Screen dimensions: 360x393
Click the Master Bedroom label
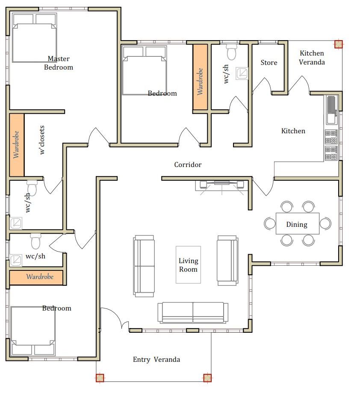point(59,63)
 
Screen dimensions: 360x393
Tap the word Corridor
point(188,164)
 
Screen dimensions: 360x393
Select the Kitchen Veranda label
point(312,58)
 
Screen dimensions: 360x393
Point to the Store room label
point(269,62)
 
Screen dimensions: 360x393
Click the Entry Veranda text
point(156,359)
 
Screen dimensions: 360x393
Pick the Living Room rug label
point(188,265)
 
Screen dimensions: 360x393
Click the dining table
point(298,223)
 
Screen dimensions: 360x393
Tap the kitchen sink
point(331,110)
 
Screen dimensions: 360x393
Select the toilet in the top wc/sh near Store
point(231,52)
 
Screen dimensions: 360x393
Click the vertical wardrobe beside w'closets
point(17,145)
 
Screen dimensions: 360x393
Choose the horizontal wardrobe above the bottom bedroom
point(36,277)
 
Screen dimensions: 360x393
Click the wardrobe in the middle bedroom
point(200,77)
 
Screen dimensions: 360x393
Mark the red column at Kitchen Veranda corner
point(338,44)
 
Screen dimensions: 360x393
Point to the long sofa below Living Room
point(193,313)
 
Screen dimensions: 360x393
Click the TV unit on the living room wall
point(222,185)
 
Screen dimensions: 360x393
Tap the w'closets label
point(42,140)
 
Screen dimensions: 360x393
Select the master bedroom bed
point(34,38)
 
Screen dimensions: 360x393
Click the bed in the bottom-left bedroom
point(33,330)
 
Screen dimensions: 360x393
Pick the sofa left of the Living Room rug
point(144,266)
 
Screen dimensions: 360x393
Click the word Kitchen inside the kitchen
point(293,131)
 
